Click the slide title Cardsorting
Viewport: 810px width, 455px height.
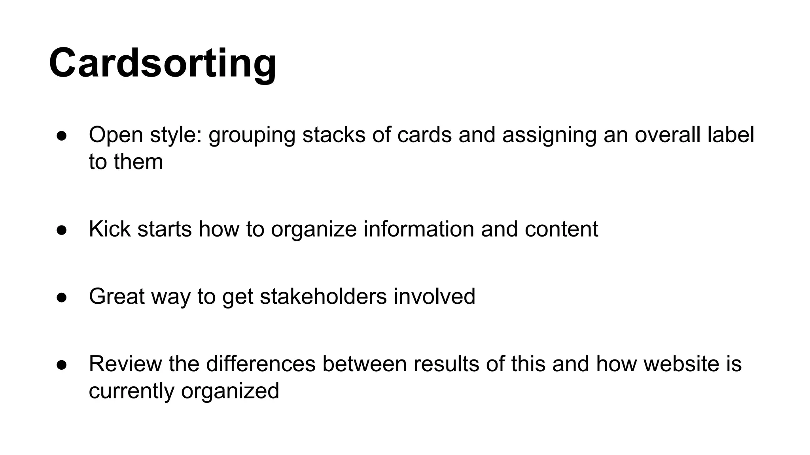coord(163,63)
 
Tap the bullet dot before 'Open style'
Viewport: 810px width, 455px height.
coord(62,135)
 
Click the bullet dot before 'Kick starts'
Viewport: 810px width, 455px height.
coord(62,230)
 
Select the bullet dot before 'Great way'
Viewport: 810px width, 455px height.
coord(62,297)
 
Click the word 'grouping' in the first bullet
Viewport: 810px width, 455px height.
coord(252,135)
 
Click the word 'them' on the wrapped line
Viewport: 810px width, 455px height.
coord(138,162)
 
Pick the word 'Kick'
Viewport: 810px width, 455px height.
coord(110,229)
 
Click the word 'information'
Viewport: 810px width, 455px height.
coord(418,229)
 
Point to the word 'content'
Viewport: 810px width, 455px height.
coord(561,229)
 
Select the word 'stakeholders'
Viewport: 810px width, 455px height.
coord(323,297)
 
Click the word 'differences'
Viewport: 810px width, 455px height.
coord(261,364)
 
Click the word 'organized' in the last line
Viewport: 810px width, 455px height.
coord(230,391)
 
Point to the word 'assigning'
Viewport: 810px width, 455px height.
coord(549,135)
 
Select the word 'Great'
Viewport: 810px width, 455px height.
coord(117,297)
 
